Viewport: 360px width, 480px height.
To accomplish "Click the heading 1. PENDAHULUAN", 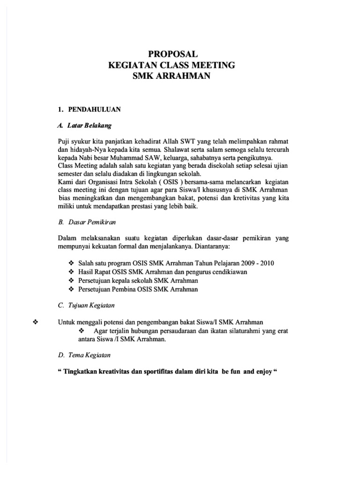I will tap(89, 109).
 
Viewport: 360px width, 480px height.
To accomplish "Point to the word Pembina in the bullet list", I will tap(127, 289).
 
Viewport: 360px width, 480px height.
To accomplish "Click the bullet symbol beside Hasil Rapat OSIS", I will tap(71, 272).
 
